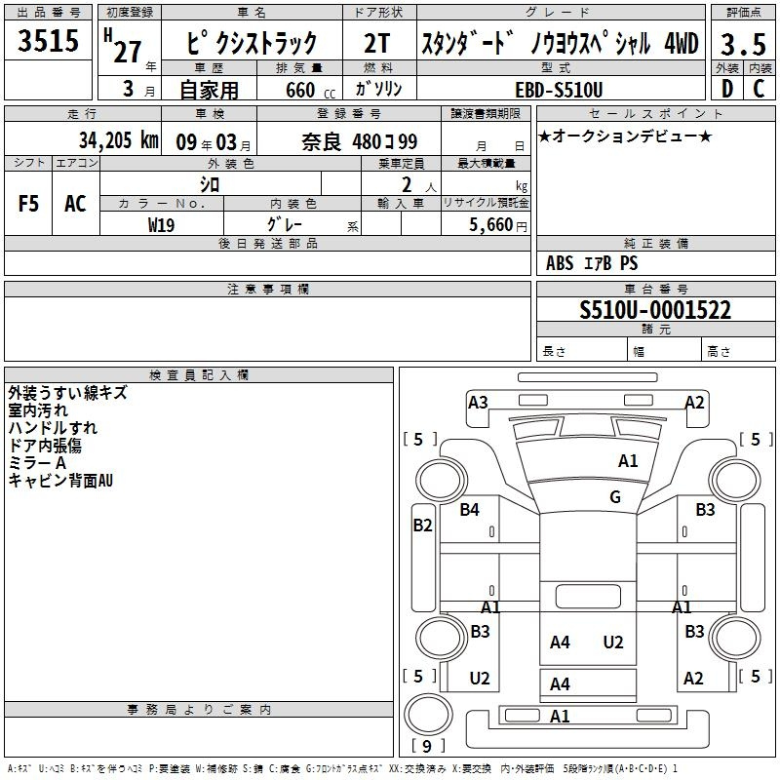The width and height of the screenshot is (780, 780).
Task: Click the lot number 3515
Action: point(48,40)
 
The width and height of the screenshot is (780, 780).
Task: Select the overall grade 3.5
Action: point(743,44)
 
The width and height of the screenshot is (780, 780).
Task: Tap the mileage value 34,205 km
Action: point(118,140)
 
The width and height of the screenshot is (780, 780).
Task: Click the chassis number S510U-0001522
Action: point(655,309)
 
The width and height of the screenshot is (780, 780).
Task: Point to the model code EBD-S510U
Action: point(559,90)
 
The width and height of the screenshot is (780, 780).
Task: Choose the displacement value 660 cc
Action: point(310,90)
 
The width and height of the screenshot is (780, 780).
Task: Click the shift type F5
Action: point(28,204)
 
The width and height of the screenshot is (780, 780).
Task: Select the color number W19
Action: point(161,225)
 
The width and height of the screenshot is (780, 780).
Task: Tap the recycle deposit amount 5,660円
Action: point(498,225)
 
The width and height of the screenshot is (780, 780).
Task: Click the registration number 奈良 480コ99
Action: point(359,141)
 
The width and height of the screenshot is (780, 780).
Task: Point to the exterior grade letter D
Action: point(727,89)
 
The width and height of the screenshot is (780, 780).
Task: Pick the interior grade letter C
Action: point(759,89)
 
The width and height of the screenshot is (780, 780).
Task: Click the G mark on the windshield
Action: point(615,496)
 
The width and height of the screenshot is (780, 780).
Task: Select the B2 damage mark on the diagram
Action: point(423,525)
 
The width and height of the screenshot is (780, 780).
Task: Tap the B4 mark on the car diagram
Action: point(469,509)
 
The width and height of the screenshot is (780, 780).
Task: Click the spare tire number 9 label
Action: point(427,746)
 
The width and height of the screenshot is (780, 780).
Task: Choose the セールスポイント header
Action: point(655,113)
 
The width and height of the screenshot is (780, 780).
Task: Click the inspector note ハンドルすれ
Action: point(53,428)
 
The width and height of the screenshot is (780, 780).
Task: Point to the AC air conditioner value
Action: point(75,204)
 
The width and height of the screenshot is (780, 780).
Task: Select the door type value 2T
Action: point(377,43)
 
